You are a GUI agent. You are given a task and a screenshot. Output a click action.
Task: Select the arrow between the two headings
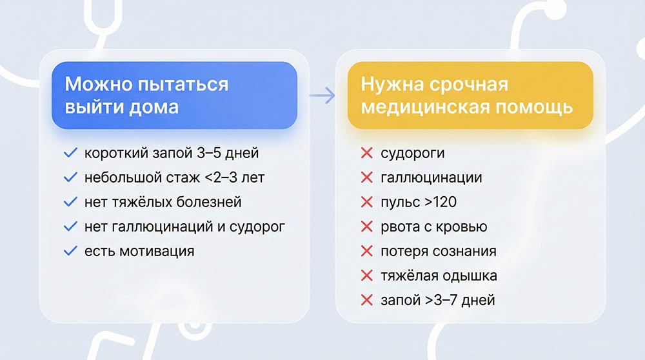coord(322,96)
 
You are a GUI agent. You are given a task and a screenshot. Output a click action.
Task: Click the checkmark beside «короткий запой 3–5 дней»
coord(71,154)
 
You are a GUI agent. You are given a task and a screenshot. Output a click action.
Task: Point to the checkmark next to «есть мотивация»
coord(71,251)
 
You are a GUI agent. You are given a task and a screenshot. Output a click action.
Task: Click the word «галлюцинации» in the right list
coord(431,178)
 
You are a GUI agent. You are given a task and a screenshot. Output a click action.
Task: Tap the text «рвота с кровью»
coord(433,226)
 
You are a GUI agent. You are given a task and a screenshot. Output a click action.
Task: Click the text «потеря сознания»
coord(438,251)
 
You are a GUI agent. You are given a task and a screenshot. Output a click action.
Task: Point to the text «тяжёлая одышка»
coord(439,275)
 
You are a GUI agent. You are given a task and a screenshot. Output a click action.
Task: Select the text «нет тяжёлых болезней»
coord(163,202)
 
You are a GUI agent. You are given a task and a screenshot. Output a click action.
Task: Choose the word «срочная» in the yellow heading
coord(462,84)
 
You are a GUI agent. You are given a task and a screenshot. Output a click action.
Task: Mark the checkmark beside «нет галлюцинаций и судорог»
coord(71,226)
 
